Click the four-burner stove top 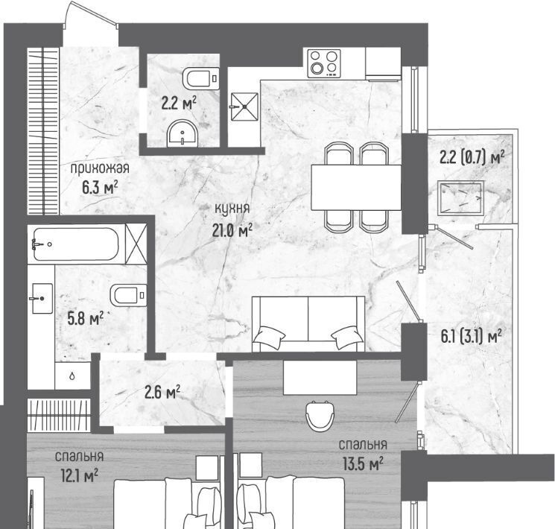pyautogui.click(x=324, y=63)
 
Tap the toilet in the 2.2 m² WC pyautogui.click(x=200, y=78)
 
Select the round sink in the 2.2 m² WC pyautogui.click(x=183, y=133)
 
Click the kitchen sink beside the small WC pyautogui.click(x=244, y=107)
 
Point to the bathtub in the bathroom pyautogui.click(x=76, y=244)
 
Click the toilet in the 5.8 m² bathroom pyautogui.click(x=128, y=295)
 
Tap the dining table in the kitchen pyautogui.click(x=356, y=187)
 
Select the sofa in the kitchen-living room pyautogui.click(x=308, y=323)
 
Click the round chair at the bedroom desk pyautogui.click(x=320, y=415)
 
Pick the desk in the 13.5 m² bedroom pyautogui.click(x=320, y=378)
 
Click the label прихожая pyautogui.click(x=100, y=168)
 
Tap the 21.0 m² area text pyautogui.click(x=232, y=231)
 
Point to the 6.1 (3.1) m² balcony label pyautogui.click(x=471, y=336)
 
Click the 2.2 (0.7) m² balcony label pyautogui.click(x=472, y=157)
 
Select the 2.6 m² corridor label pyautogui.click(x=162, y=392)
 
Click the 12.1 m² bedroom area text pyautogui.click(x=79, y=475)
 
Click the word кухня pyautogui.click(x=232, y=209)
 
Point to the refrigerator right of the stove pyautogui.click(x=384, y=63)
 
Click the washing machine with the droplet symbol pyautogui.click(x=72, y=376)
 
